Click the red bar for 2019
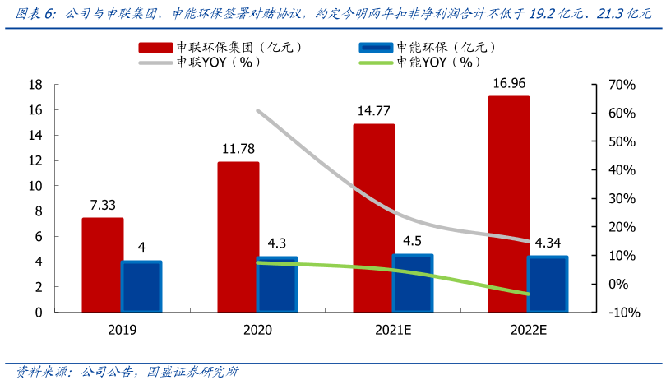click(x=103, y=265)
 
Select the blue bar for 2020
click(x=278, y=285)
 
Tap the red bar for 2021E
click(x=374, y=218)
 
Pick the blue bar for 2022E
click(x=547, y=285)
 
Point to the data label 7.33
click(x=103, y=205)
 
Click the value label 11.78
click(x=238, y=149)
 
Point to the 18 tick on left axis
click(x=35, y=85)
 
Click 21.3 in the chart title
click(x=610, y=14)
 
